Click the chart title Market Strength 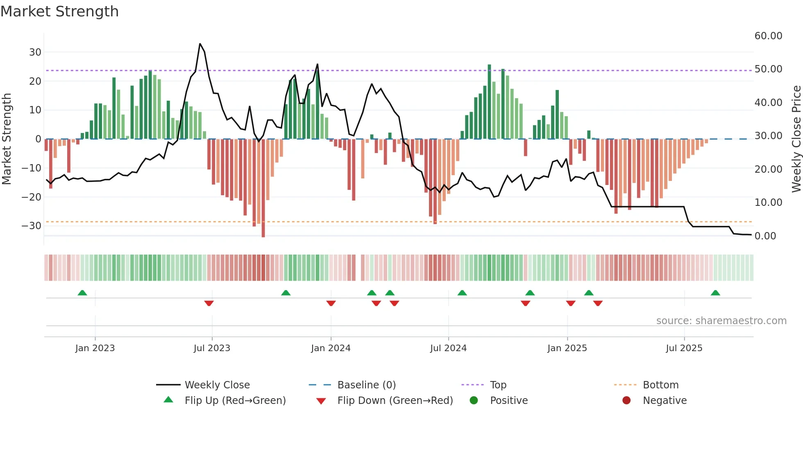tap(59, 11)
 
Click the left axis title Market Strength tap(7, 139)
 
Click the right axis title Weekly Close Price tap(796, 139)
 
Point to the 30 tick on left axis tap(35, 52)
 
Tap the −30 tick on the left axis tap(32, 226)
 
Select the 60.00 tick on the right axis tap(768, 36)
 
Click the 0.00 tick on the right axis tap(765, 236)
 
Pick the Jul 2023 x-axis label tap(212, 348)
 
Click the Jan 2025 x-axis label tap(567, 348)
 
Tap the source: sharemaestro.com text tap(721, 321)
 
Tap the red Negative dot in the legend tap(626, 401)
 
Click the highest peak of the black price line tap(200, 44)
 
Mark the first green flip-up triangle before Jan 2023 tap(82, 293)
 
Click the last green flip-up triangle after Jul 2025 tap(715, 293)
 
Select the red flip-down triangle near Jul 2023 tap(209, 303)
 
